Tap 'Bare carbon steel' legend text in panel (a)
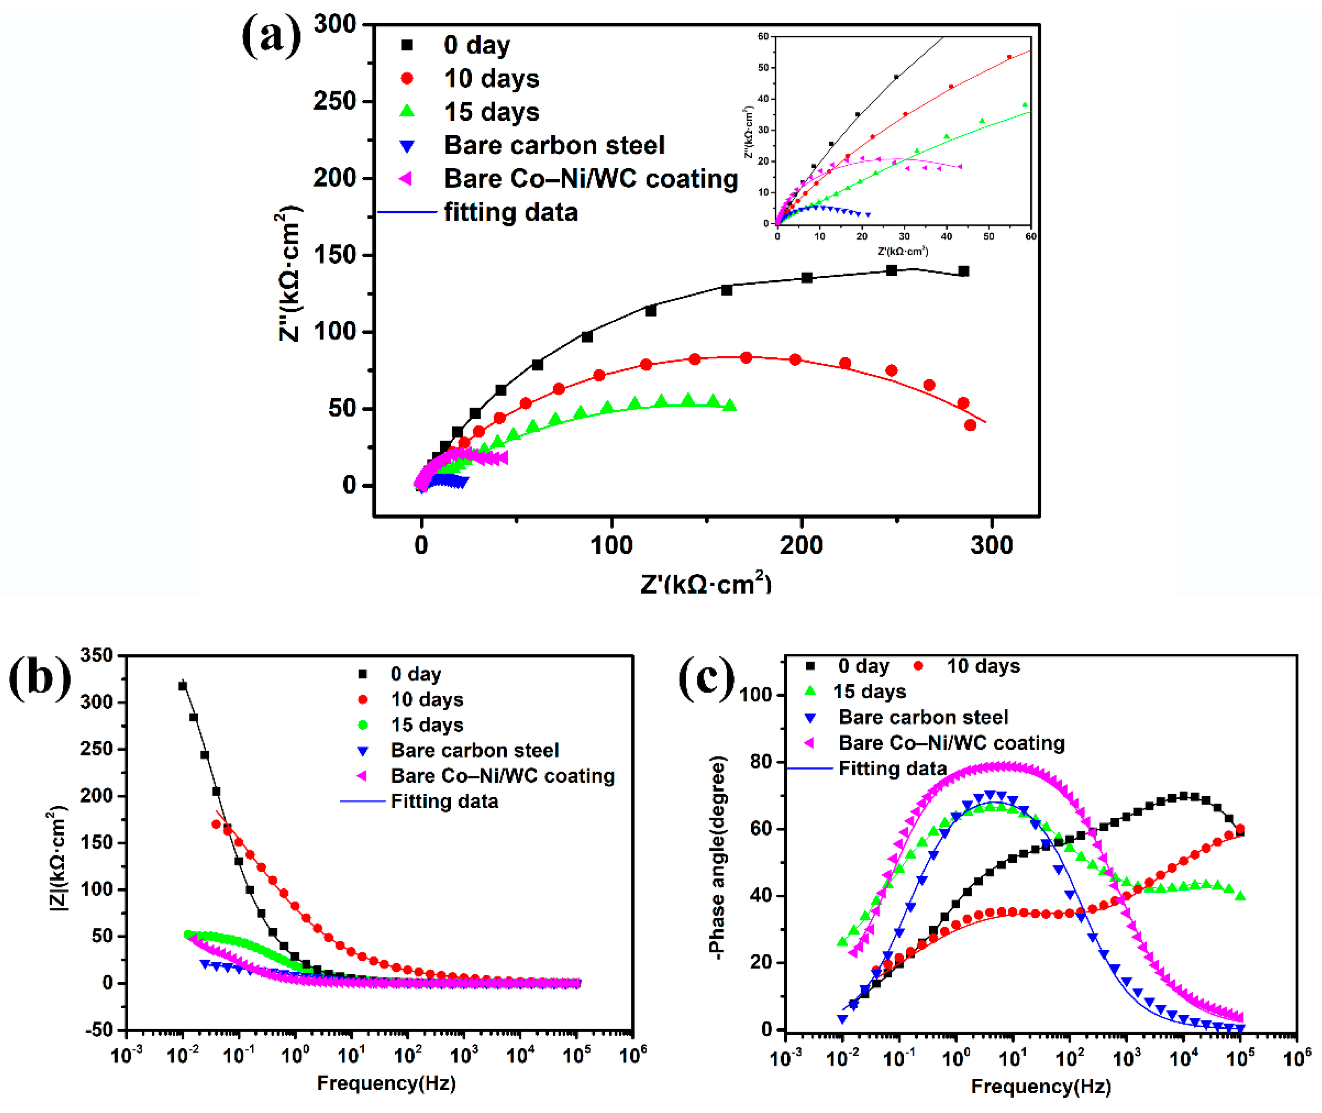(x=554, y=145)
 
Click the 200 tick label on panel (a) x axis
(x=801, y=545)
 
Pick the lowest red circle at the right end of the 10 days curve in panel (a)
(x=970, y=425)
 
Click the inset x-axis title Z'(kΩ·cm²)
(x=903, y=252)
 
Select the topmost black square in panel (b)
(x=183, y=686)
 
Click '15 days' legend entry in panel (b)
(x=426, y=725)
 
